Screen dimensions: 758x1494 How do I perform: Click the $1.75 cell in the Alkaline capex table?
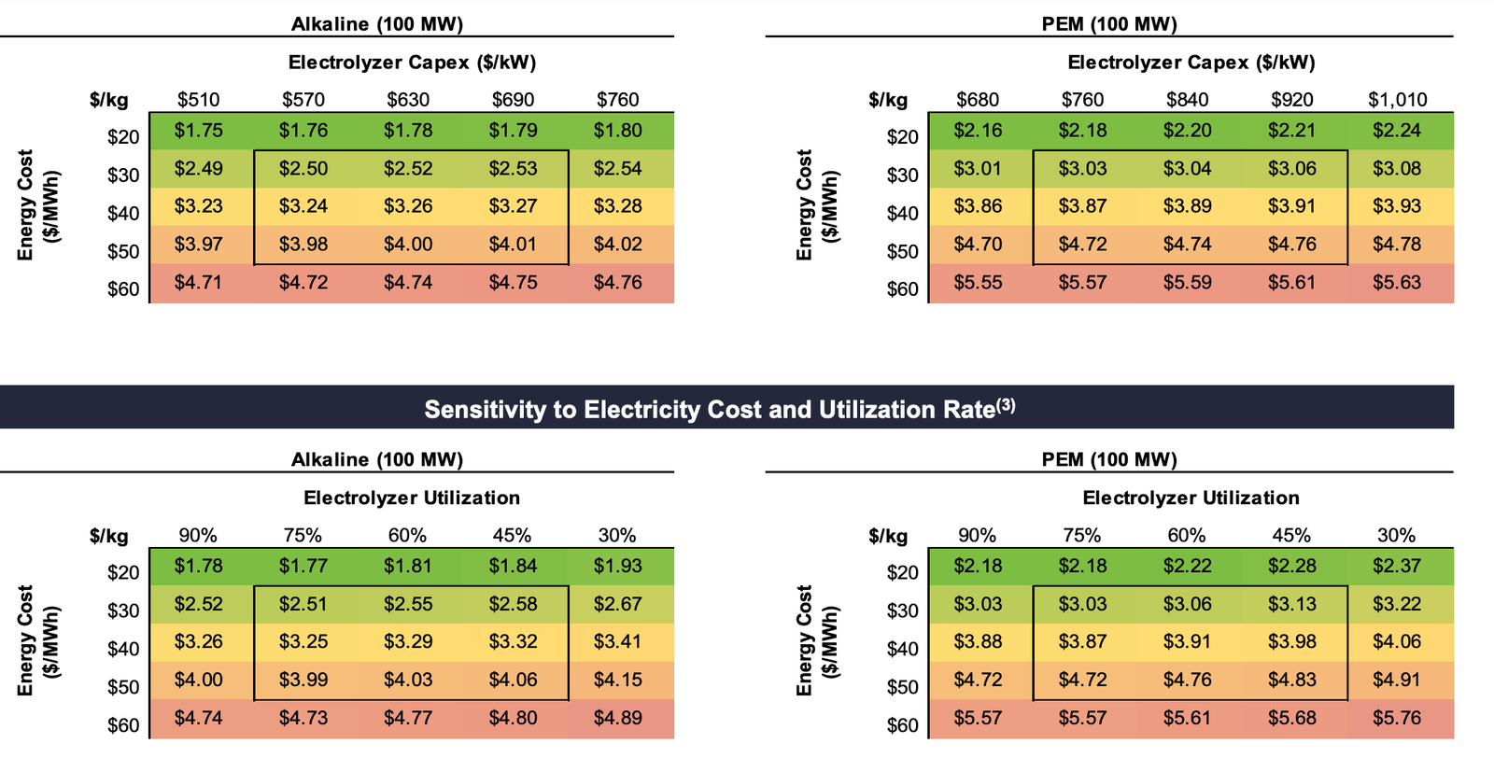[x=198, y=131]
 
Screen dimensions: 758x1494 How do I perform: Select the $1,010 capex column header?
[x=1397, y=100]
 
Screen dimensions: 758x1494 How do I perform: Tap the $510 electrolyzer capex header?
[x=198, y=100]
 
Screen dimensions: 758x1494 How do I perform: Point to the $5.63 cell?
[x=1397, y=283]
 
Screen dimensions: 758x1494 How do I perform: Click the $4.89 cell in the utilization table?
[x=617, y=719]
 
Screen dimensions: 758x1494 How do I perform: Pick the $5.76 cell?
[x=1397, y=719]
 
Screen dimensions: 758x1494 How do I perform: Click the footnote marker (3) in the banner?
[x=1005, y=406]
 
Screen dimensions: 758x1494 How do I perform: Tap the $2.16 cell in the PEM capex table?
[x=978, y=131]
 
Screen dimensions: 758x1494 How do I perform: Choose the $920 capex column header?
[x=1292, y=100]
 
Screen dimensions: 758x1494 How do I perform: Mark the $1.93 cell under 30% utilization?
[x=617, y=567]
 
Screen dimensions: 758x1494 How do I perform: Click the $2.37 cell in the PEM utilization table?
[x=1397, y=567]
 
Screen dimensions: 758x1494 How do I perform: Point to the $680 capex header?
[x=978, y=100]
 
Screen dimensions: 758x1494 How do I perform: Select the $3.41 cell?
[x=617, y=642]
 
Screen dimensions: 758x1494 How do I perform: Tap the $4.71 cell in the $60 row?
[x=198, y=283]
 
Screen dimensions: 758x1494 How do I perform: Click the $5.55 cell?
[x=978, y=283]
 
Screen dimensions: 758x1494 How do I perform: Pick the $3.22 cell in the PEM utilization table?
[x=1397, y=605]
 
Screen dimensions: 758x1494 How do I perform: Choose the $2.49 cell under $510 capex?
[x=198, y=169]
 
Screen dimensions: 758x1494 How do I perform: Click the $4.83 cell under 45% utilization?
[x=1292, y=681]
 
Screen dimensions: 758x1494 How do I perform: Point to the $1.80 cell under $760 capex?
[x=617, y=131]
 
